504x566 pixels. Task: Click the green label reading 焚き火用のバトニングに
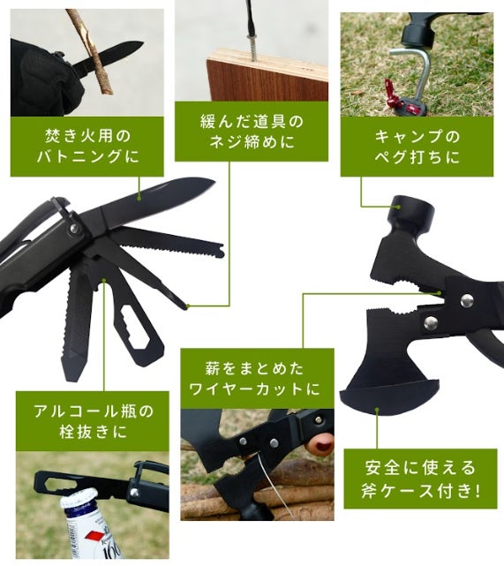pos(87,147)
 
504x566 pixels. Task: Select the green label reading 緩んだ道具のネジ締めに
pos(252,132)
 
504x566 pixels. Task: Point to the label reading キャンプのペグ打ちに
pos(417,147)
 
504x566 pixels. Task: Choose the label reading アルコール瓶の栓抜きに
pos(93,421)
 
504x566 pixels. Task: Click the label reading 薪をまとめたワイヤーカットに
pos(257,379)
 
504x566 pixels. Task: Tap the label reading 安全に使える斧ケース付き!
pos(420,479)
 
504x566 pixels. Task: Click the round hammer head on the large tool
pos(411,214)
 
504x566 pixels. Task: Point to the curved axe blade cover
pos(389,396)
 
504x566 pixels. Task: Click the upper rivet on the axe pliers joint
pos(467,298)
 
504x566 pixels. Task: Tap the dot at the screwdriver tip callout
pos(188,306)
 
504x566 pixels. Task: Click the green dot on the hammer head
pos(398,207)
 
